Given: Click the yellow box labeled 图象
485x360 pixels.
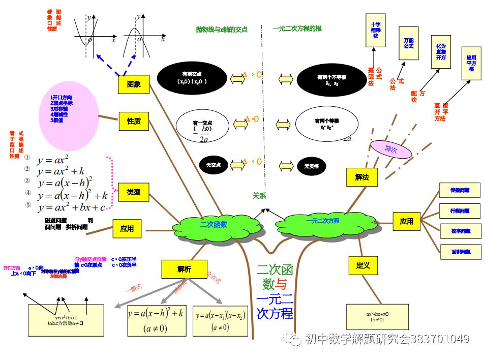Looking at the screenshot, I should point(134,84).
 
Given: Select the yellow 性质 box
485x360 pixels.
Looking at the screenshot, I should point(134,122).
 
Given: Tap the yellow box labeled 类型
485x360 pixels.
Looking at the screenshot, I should point(133,193).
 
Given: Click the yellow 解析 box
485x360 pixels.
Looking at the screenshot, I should point(184,269).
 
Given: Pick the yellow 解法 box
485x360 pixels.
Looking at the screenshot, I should point(362,177).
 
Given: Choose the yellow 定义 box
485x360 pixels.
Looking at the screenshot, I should point(362,265).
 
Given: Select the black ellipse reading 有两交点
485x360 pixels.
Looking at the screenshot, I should point(191,78).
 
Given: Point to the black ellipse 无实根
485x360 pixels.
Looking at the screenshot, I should point(311,166).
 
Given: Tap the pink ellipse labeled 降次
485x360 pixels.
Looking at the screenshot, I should point(390,149).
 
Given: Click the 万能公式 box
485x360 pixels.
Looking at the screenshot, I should point(409,43).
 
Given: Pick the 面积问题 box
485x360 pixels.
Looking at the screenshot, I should point(460,252).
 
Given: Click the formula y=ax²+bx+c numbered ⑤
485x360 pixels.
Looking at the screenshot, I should point(71,207).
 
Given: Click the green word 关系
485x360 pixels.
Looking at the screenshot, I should point(259,195).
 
